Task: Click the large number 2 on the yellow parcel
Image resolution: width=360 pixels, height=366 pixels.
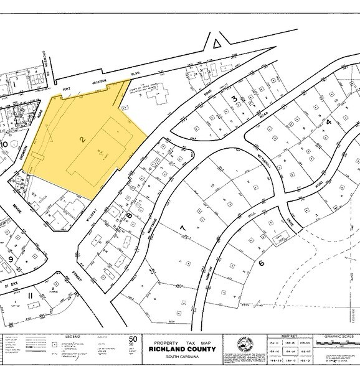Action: (x=81, y=140)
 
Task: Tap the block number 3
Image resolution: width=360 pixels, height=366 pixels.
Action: (x=234, y=100)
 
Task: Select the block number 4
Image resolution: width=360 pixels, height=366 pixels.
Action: (x=328, y=122)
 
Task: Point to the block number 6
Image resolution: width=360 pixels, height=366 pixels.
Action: (x=262, y=263)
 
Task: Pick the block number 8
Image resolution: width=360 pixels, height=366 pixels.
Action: (x=130, y=216)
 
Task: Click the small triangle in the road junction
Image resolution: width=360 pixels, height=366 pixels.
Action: (x=216, y=43)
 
